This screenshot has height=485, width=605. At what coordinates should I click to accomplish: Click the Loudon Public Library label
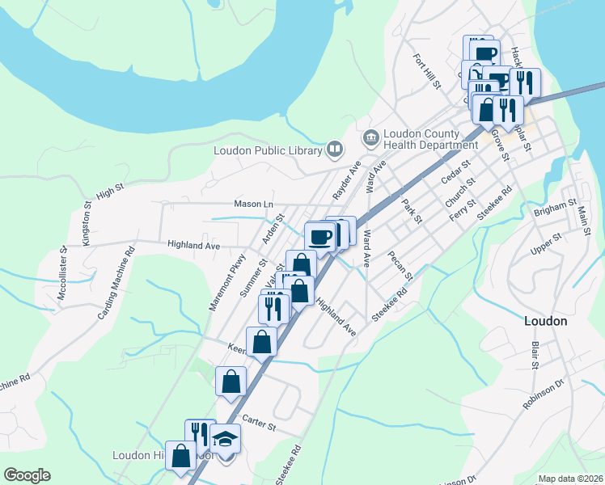pos(267,150)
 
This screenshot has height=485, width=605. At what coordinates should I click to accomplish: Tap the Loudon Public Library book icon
pos(334,149)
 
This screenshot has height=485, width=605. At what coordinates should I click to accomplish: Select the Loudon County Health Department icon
pos(371,138)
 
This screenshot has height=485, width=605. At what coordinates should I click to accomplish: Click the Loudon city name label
pos(545,320)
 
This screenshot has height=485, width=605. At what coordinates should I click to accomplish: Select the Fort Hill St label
pos(426,71)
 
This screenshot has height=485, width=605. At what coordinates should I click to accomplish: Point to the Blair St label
pos(535,355)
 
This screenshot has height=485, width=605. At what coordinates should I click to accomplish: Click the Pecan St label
pos(400,266)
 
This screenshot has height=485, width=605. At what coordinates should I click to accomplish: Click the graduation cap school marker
pos(226,439)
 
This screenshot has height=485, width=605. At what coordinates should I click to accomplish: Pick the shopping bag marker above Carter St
pos(231,381)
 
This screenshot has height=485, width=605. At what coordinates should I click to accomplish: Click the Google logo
pos(27,475)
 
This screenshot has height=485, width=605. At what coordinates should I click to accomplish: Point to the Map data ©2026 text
pos(570,479)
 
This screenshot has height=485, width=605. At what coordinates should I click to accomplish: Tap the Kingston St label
pos(87,227)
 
